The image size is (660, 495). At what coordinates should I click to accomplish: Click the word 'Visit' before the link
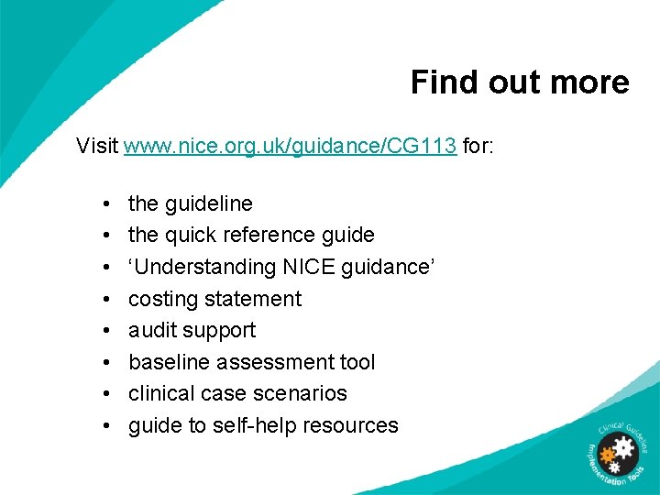[97, 146]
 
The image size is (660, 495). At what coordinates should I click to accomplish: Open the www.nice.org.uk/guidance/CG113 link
[290, 146]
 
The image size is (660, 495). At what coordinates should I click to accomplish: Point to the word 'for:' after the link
[478, 146]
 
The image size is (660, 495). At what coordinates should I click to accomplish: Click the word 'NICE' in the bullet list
[312, 267]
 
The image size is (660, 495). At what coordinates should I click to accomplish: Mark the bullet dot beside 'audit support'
[107, 331]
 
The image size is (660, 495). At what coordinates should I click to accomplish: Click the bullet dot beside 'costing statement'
[107, 299]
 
